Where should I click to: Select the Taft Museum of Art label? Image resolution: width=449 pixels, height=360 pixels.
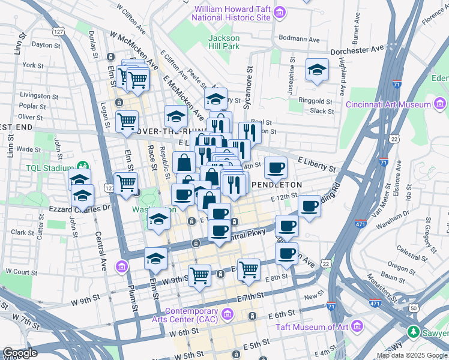tap(313, 327)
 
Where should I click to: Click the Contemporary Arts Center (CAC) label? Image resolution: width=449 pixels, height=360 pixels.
tap(191, 315)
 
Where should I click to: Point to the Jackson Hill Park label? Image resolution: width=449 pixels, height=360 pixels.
tap(223, 42)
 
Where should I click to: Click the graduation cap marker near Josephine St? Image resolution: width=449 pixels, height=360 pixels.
tap(316, 70)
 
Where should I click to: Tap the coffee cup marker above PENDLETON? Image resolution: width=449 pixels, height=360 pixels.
tap(276, 167)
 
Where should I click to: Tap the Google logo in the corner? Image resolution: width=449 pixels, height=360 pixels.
tap(20, 353)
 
